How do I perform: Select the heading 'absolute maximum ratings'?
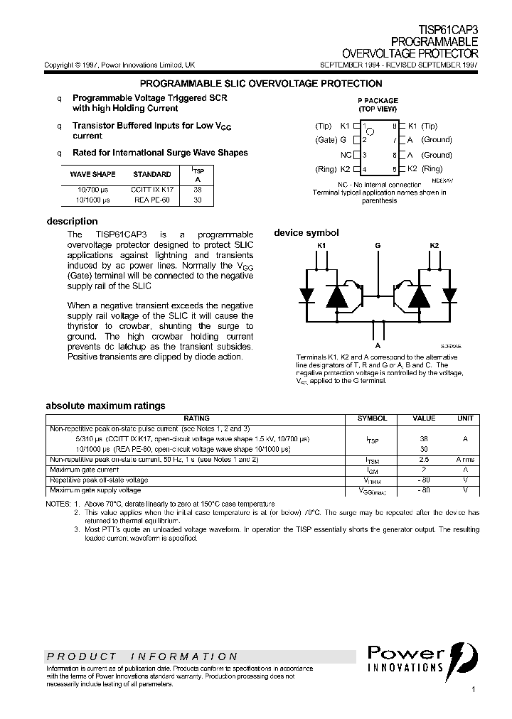coord(105,406)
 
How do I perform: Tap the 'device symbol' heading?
coord(306,233)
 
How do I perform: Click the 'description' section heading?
coord(72,221)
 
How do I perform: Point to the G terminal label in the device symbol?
coord(378,246)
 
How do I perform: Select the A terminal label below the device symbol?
coord(378,328)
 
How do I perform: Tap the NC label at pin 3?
coord(346,155)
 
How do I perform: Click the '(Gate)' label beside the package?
coord(325,141)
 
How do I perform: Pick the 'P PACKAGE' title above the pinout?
coord(378,101)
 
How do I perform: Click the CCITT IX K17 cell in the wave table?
coord(152,190)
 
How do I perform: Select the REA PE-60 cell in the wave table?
coord(152,200)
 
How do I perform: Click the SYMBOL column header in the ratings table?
coord(372,418)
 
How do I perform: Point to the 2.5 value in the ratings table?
coord(425,460)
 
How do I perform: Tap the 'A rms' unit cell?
coord(465,460)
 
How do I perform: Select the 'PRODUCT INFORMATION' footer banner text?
coord(142,656)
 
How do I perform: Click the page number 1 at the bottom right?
coord(474,690)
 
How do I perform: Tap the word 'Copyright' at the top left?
coord(58,65)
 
